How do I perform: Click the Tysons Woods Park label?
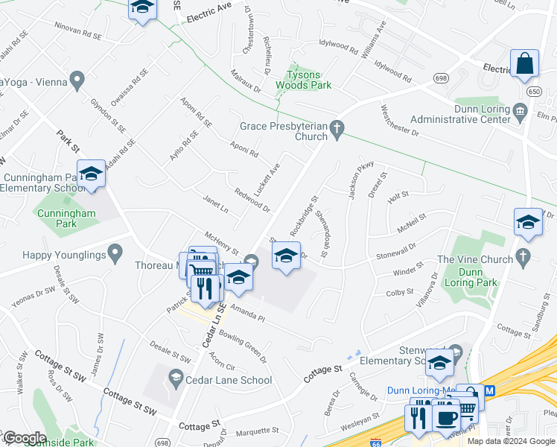pos(309,80)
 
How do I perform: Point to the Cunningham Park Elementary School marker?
pos(91,176)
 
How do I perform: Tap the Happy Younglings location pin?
pos(115,255)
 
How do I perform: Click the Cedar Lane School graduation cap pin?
pos(176,378)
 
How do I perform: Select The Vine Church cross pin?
pos(523,258)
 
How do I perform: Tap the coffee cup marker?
pos(447,418)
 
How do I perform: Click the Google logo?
pos(24,438)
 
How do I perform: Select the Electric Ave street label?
pos(209,10)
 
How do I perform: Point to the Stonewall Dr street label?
pos(395,252)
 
